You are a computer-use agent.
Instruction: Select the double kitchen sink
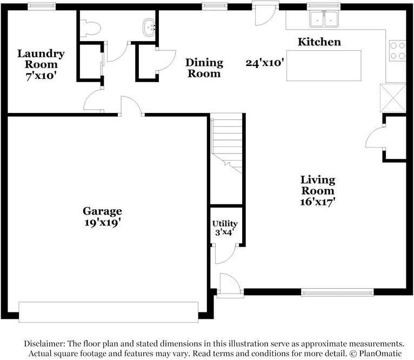(x=323, y=20)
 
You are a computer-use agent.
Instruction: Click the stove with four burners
(x=397, y=51)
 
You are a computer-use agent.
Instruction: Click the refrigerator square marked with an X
(x=393, y=97)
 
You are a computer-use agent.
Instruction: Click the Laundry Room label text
(x=41, y=64)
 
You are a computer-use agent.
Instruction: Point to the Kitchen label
(x=320, y=42)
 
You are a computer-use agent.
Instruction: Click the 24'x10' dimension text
(x=265, y=62)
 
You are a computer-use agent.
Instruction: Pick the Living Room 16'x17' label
(x=318, y=191)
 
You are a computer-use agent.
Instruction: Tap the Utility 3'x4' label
(x=224, y=228)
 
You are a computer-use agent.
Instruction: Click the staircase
(x=226, y=143)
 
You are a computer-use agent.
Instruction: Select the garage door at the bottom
(x=109, y=312)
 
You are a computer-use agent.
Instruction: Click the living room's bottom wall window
(x=337, y=292)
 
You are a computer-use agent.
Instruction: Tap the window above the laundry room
(x=42, y=6)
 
